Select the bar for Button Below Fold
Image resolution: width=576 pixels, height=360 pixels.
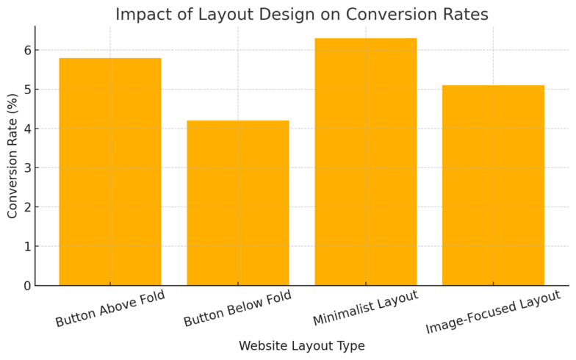coord(238,203)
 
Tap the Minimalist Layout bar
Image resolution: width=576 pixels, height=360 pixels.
coord(365,162)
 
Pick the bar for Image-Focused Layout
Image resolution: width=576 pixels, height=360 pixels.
coord(493,185)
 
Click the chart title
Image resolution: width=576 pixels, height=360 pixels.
coord(301,15)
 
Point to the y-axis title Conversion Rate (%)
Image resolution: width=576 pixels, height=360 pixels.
coord(12,156)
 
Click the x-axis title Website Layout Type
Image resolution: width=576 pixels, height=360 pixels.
coord(301,346)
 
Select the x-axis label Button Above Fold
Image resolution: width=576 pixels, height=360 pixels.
coord(110,309)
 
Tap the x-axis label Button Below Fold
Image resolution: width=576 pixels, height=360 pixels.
coord(237,309)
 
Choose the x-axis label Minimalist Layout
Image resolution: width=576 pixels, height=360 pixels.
coord(365,309)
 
